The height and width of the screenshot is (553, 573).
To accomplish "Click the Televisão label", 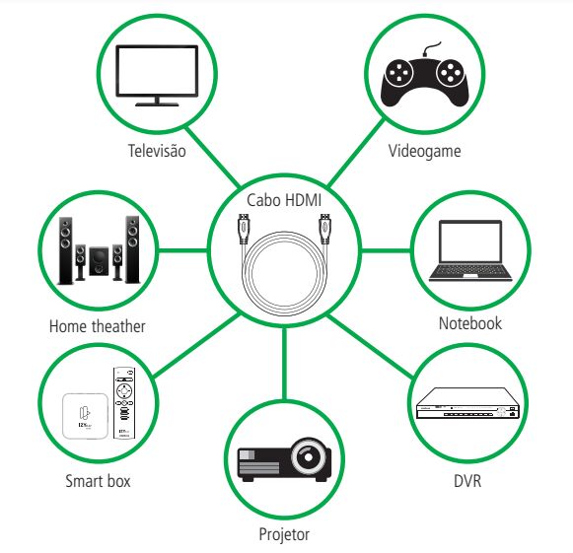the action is pyautogui.click(x=157, y=151).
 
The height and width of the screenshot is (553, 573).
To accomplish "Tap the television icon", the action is pyautogui.click(x=157, y=76).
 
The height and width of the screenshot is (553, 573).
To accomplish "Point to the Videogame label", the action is pyautogui.click(x=424, y=151).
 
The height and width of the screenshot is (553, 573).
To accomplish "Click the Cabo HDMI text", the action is pyautogui.click(x=284, y=200).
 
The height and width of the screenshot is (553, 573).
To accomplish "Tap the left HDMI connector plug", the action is pyautogui.click(x=244, y=229).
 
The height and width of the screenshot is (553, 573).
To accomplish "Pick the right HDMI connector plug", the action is pyautogui.click(x=324, y=229).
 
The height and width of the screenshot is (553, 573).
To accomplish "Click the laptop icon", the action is pyautogui.click(x=470, y=250).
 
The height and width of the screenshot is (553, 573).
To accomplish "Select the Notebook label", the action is pyautogui.click(x=470, y=323).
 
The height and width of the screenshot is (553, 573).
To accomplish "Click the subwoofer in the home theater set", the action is pyautogui.click(x=99, y=261).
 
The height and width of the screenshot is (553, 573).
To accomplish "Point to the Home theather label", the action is pyautogui.click(x=98, y=326).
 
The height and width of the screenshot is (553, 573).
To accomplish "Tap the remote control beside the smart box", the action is pyautogui.click(x=124, y=403).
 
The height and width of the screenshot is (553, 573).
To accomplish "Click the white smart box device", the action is pyautogui.click(x=86, y=416).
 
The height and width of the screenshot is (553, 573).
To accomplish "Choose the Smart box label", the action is pyautogui.click(x=98, y=481).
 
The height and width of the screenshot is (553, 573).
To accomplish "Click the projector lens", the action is pyautogui.click(x=309, y=457).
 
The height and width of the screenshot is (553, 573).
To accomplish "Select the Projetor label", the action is pyautogui.click(x=284, y=534).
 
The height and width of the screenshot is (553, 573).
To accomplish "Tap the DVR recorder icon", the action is pyautogui.click(x=468, y=403).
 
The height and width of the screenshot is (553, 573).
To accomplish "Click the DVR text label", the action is pyautogui.click(x=467, y=481).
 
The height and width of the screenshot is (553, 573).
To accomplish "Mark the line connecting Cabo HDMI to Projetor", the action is pyautogui.click(x=285, y=363).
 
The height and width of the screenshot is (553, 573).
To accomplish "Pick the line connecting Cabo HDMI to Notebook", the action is pyautogui.click(x=386, y=250).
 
